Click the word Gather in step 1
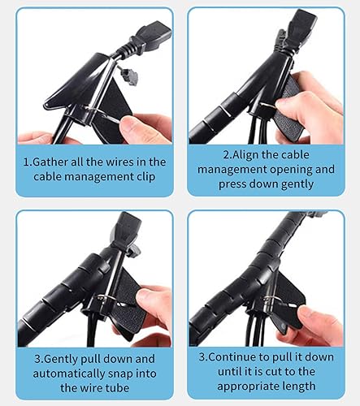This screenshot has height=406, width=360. [50, 162]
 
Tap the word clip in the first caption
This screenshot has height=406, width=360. [145, 176]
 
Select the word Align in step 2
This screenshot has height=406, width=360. [245, 154]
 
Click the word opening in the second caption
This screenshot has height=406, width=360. [291, 170]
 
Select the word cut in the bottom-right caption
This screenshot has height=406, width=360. [274, 371]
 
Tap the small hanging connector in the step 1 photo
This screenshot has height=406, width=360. [129, 76]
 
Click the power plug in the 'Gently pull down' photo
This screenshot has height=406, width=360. [128, 227]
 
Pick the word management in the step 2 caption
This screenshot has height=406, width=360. [232, 170]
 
